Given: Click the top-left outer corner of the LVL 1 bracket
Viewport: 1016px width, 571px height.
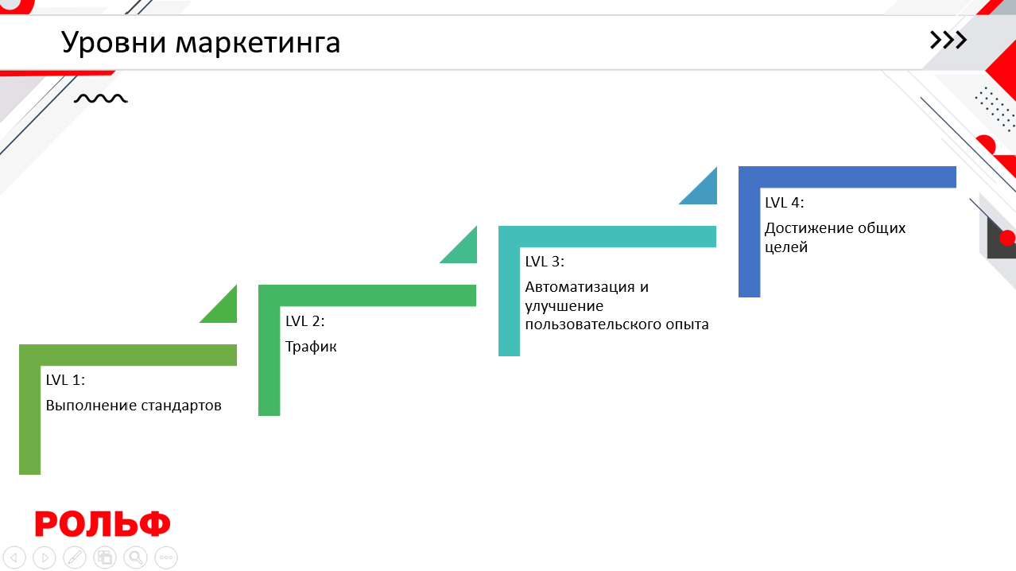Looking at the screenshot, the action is tap(20, 345).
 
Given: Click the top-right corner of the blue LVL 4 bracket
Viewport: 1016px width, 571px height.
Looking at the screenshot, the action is tap(956, 167).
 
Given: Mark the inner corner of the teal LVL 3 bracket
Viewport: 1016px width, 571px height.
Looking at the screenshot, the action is tap(520, 247).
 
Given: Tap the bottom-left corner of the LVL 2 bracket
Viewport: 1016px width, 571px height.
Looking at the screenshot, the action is tap(259, 415).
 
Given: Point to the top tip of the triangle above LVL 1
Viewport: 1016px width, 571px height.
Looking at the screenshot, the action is tap(236, 285).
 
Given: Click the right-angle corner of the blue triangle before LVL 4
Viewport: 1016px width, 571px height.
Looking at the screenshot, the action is tap(716, 204).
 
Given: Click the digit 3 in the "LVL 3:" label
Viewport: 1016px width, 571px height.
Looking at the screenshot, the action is tap(556, 262).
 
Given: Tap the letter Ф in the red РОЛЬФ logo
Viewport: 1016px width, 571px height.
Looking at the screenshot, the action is tap(154, 524).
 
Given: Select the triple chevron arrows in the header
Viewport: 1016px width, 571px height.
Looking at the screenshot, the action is tap(948, 41).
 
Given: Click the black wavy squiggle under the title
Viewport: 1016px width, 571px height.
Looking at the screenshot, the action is tap(101, 99).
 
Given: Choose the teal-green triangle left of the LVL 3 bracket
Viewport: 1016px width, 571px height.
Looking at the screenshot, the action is tap(459, 245).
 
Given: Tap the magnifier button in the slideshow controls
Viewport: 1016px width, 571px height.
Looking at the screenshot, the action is tap(136, 557).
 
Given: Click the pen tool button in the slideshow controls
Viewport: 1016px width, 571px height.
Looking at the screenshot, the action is tap(75, 557).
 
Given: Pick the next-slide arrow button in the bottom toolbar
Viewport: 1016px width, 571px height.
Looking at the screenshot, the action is tap(45, 557).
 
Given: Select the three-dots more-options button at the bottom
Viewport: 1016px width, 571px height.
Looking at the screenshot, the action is tap(166, 557).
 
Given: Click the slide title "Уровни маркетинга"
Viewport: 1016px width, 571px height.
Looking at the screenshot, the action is tap(200, 43).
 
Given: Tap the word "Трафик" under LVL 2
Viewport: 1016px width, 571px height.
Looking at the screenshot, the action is tap(311, 347).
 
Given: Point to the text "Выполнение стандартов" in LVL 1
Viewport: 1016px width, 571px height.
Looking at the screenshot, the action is tap(134, 406).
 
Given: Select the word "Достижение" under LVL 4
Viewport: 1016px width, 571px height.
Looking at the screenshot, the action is tap(803, 228).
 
